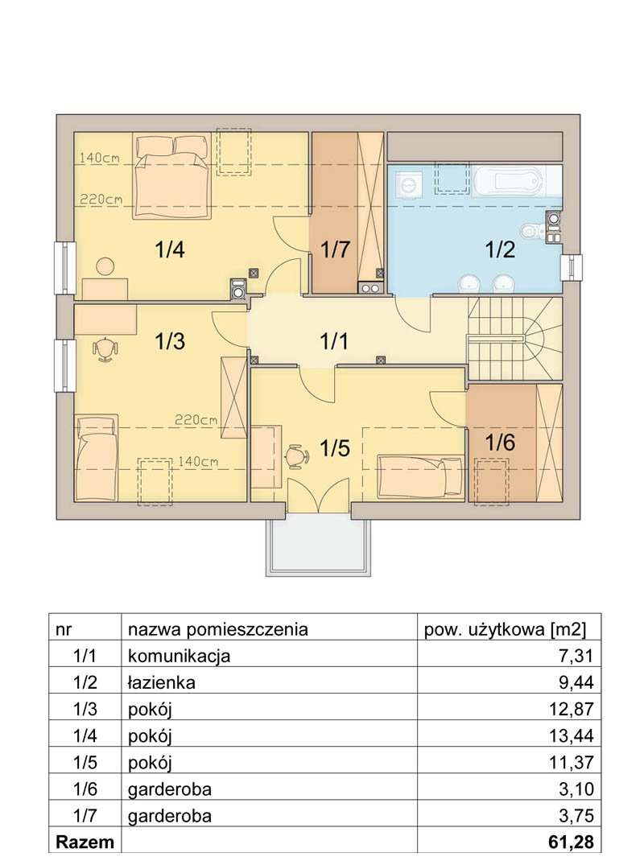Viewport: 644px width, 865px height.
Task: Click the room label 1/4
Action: coord(169,250)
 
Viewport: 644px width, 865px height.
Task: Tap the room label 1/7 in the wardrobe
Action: coord(336,249)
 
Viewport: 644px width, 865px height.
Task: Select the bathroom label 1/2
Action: coord(500,249)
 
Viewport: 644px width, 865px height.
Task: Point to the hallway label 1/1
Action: coord(334,341)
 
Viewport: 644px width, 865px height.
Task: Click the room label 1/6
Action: coord(500,443)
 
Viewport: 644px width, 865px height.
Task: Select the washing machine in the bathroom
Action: coord(409,183)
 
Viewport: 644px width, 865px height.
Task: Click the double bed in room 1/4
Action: coord(171,175)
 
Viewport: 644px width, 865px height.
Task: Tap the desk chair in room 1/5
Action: coord(297,456)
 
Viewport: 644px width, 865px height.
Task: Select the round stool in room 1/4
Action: coord(105,266)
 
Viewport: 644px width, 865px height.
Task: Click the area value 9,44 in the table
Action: coord(576,682)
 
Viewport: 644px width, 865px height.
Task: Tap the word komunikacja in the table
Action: coord(179,657)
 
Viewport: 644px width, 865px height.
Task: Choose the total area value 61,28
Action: coord(572,842)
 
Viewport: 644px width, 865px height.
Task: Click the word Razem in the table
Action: coord(85,842)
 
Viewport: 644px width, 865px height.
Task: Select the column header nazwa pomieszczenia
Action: coord(218,629)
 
